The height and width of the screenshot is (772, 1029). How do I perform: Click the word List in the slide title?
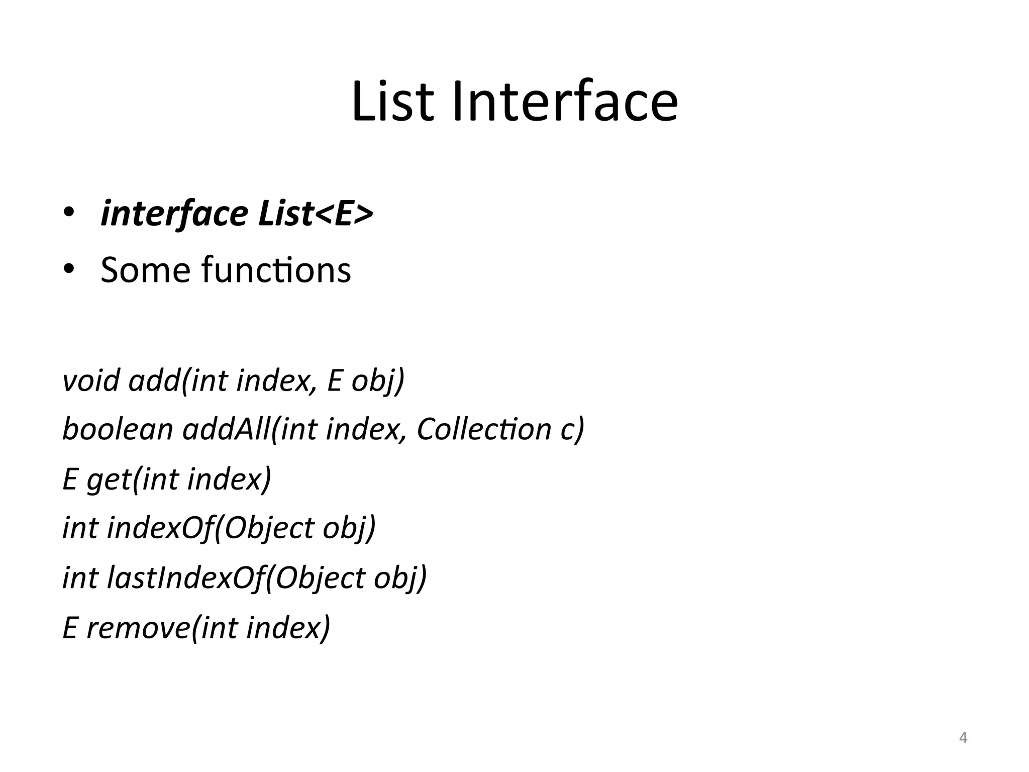click(x=392, y=102)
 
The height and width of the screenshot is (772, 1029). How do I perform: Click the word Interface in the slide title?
click(x=565, y=102)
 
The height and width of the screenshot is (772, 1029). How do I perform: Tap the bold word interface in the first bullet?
click(x=174, y=214)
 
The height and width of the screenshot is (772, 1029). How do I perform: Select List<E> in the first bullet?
click(x=316, y=214)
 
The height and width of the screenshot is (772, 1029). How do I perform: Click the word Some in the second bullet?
click(x=145, y=270)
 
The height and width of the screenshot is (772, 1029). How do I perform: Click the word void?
click(x=91, y=380)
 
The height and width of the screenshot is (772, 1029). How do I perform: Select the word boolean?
click(x=118, y=429)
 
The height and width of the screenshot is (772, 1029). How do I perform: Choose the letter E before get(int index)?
click(x=70, y=479)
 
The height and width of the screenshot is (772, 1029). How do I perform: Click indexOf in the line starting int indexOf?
click(x=160, y=528)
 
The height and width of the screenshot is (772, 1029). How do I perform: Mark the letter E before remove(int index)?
click(x=70, y=627)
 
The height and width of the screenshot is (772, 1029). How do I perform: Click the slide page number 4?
click(x=963, y=738)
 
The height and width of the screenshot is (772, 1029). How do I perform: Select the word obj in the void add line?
click(x=377, y=381)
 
